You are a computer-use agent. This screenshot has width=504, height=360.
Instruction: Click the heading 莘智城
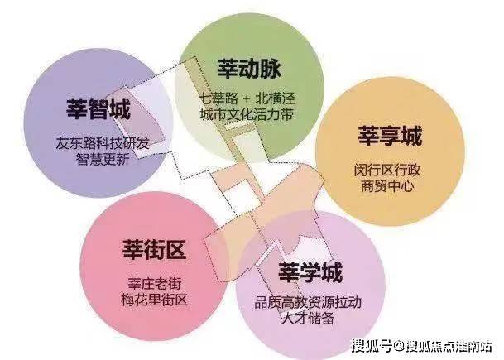click(98, 109)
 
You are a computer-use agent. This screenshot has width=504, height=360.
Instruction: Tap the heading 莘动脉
click(249, 68)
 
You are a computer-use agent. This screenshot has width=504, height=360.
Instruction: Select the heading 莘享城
click(390, 137)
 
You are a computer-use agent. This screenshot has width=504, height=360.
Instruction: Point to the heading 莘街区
click(154, 249)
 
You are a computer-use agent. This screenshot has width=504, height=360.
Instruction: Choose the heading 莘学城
click(310, 272)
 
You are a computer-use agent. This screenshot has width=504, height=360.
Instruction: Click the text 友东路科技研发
click(103, 143)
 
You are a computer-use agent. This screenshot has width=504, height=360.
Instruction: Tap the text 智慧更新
click(103, 159)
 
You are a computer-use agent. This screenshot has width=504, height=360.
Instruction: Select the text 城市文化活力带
click(247, 115)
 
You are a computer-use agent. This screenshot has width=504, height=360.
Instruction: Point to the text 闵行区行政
click(387, 170)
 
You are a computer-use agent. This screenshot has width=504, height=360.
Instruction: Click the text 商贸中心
click(387, 186)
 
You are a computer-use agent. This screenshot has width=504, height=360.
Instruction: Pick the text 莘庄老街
click(155, 284)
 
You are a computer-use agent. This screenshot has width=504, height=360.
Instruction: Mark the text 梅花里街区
click(154, 300)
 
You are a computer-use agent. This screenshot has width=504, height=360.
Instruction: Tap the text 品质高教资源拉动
click(308, 302)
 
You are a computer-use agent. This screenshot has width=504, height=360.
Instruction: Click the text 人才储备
click(308, 319)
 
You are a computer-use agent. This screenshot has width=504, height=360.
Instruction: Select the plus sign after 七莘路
click(247, 98)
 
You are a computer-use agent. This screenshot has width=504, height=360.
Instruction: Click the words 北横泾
click(275, 98)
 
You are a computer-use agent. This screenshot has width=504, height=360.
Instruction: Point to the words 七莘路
click(218, 98)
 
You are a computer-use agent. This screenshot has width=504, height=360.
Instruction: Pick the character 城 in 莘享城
click(411, 137)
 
